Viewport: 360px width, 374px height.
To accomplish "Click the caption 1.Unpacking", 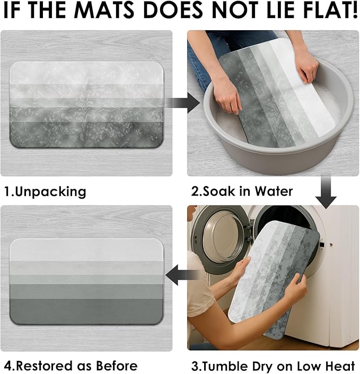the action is [x=46, y=192].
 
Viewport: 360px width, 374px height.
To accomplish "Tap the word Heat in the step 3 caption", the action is [x=340, y=366].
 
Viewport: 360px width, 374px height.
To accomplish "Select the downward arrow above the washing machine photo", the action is [x=326, y=192].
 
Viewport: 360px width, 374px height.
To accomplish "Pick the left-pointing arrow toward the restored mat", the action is [x=182, y=275].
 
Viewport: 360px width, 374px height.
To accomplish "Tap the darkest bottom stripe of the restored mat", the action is [x=86, y=311].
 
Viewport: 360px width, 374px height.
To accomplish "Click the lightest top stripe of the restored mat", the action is [x=86, y=250].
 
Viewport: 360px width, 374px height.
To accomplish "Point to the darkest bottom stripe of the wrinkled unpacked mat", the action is [x=86, y=135].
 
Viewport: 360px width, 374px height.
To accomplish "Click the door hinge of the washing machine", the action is [x=249, y=233].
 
